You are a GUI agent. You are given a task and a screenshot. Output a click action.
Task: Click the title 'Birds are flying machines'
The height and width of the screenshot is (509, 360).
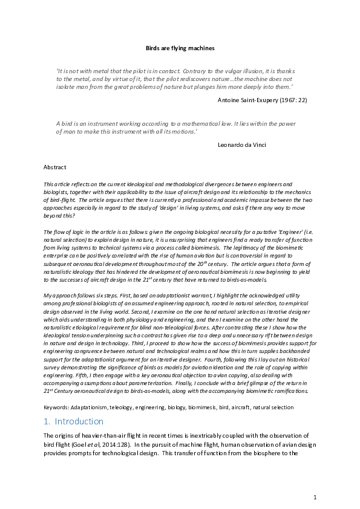coord(180,47)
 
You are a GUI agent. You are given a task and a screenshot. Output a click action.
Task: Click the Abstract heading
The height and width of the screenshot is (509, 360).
coord(55,167)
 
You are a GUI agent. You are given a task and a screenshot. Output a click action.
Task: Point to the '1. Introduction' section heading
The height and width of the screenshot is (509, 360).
coord(73,421)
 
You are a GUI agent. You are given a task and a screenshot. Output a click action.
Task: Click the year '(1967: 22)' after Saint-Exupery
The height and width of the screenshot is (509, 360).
coord(293,100)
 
